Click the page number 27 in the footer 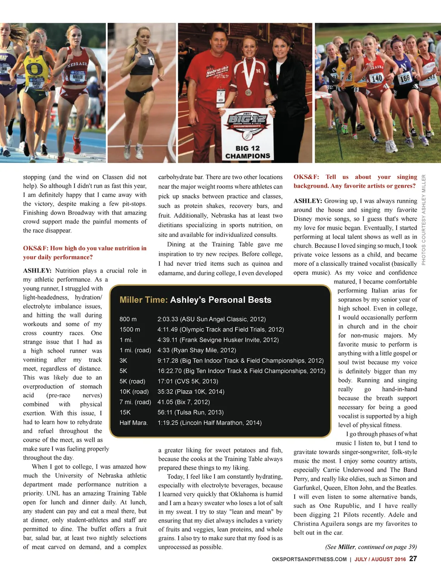click(413, 559)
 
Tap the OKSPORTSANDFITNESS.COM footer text click(309, 559)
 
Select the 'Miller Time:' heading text click(143, 300)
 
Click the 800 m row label click(128, 319)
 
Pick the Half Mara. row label click(134, 423)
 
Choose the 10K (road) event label click(134, 391)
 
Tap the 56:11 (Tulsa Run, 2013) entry click(190, 412)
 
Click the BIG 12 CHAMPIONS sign click(248, 137)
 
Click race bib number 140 click(376, 78)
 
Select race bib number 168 click(405, 79)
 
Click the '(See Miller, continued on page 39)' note click(371, 547)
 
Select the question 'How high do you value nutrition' click(84, 252)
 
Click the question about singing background click(355, 181)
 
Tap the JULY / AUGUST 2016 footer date click(380, 559)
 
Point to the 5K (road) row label click(132, 381)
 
